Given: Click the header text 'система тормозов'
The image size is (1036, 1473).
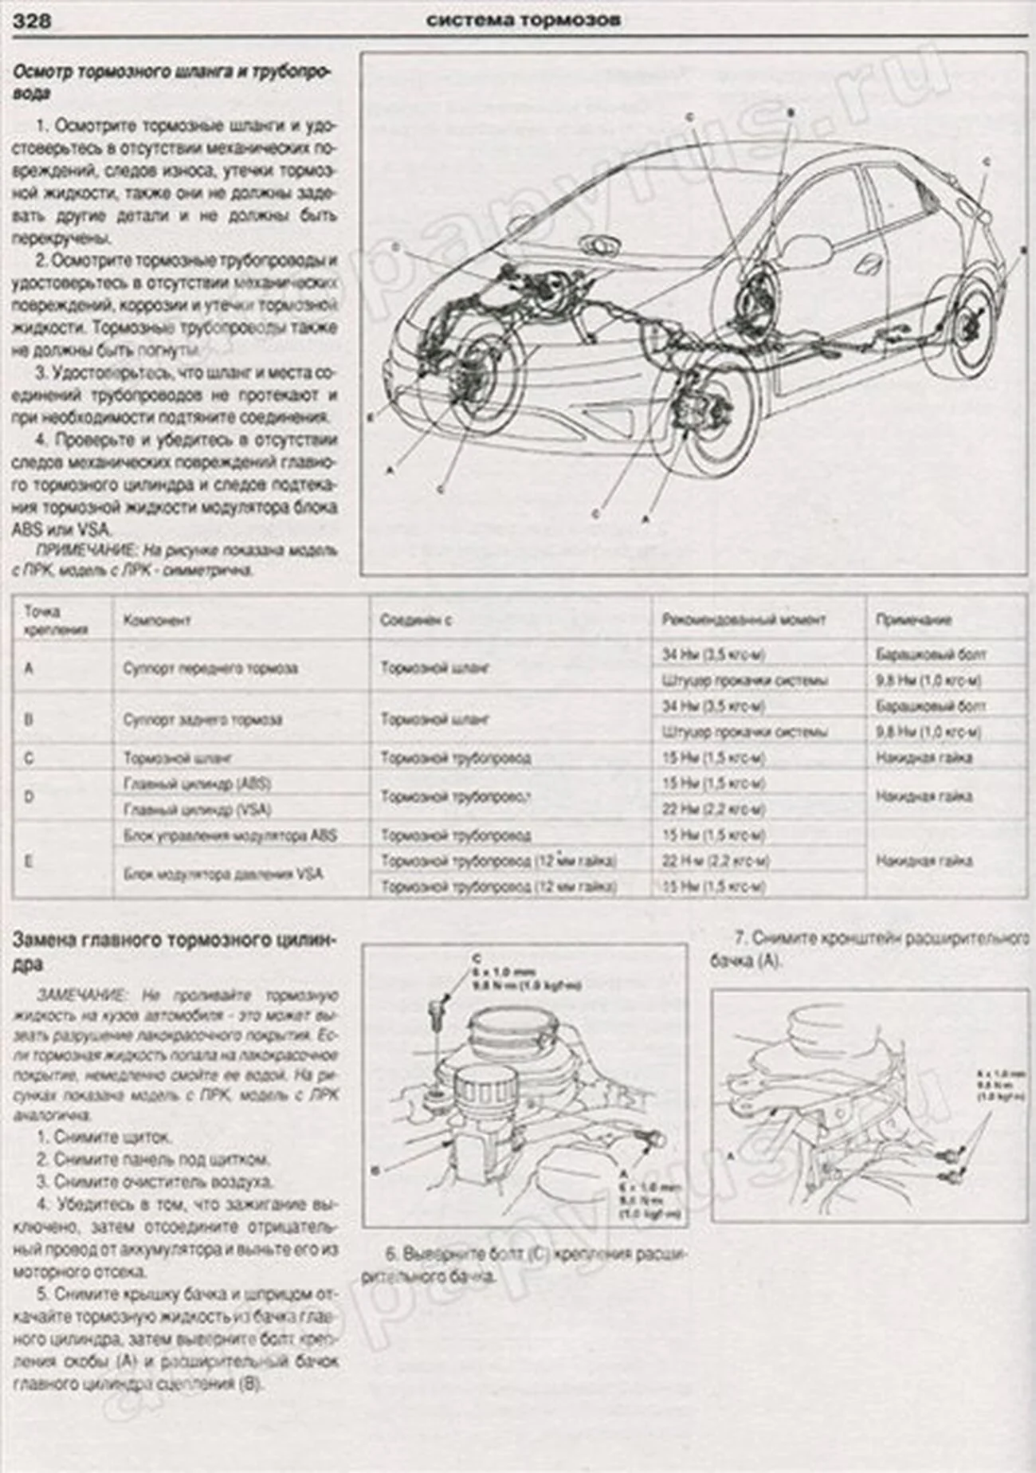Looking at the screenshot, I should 523,20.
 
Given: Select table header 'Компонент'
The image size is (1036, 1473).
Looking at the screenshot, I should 157,620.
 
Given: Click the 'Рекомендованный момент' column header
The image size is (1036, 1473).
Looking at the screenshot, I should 743,619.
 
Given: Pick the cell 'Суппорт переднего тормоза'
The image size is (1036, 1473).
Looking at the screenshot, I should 210,668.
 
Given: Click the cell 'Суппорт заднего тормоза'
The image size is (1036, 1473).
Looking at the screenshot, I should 202,719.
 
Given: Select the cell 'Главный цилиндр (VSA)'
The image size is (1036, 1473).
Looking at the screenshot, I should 197,809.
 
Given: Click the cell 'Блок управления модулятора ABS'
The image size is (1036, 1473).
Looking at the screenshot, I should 230,835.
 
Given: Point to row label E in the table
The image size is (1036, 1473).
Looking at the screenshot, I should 29,861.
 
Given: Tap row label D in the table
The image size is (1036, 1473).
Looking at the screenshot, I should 29,795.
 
